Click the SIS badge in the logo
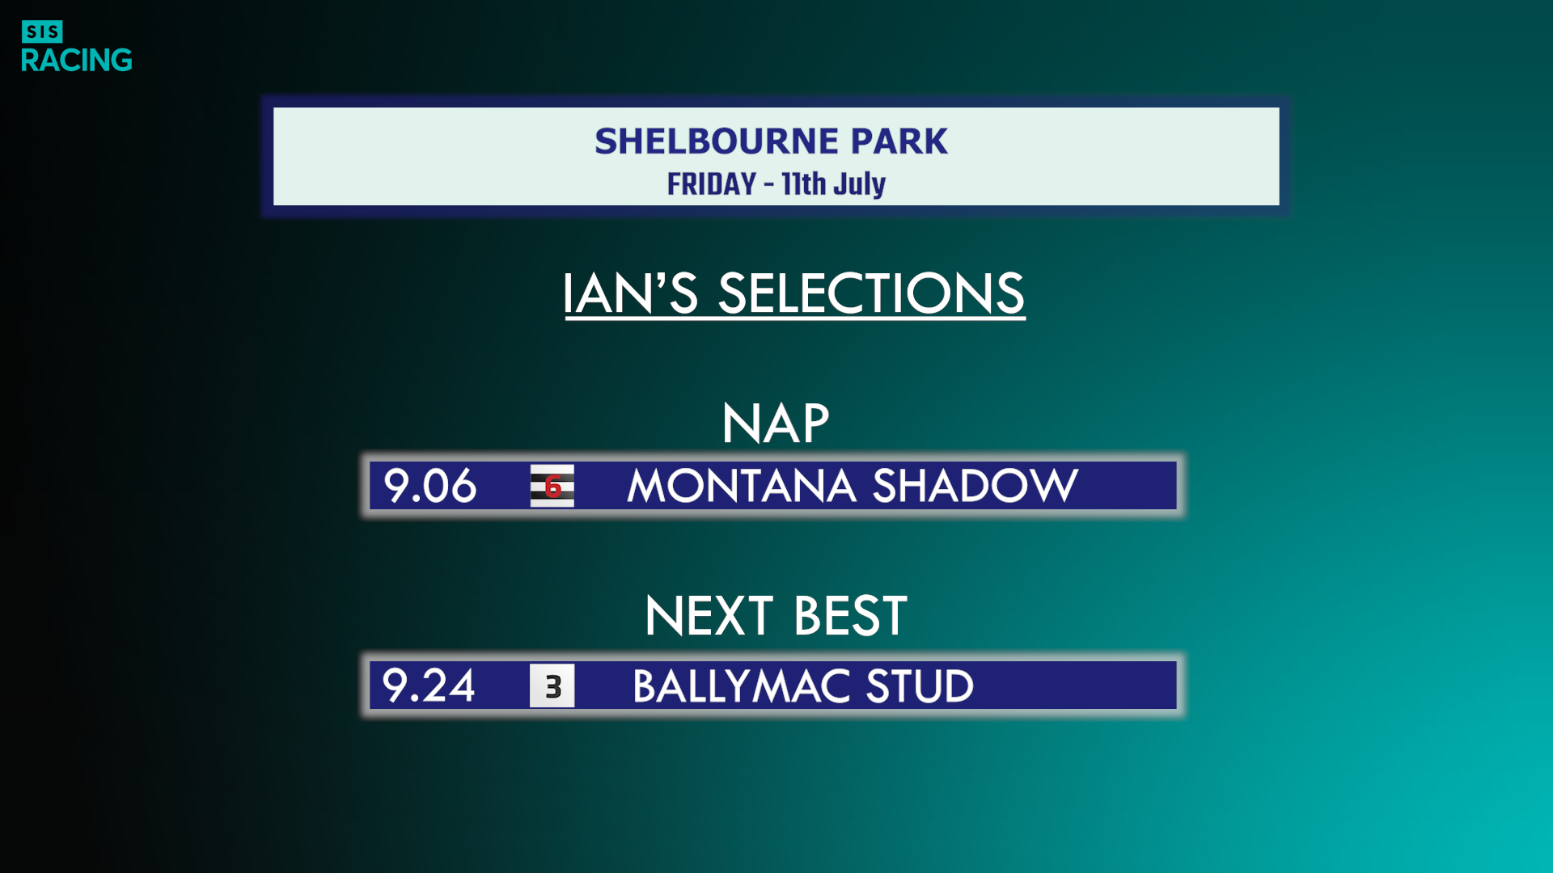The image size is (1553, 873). (42, 32)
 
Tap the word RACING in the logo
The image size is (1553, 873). (77, 60)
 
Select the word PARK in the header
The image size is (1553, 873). (899, 141)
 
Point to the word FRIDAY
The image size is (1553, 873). (712, 184)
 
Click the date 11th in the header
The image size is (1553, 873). (804, 184)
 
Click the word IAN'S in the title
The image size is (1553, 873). (630, 293)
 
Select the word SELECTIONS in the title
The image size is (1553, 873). (871, 293)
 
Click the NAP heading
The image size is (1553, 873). (776, 424)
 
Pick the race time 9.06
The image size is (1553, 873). (430, 486)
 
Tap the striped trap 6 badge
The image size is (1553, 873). (552, 486)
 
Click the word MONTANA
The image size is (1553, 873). (742, 486)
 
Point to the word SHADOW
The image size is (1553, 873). (975, 486)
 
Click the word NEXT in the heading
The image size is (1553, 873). (709, 616)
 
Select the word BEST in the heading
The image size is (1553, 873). (851, 616)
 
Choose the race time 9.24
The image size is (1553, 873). (429, 685)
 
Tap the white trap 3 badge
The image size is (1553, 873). (552, 685)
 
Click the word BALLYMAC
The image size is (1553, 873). (741, 686)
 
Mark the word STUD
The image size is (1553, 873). (920, 686)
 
